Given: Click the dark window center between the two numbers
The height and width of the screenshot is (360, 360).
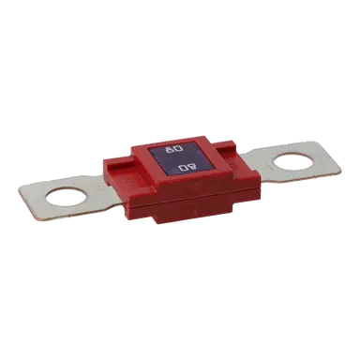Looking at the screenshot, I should tap(180, 161).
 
